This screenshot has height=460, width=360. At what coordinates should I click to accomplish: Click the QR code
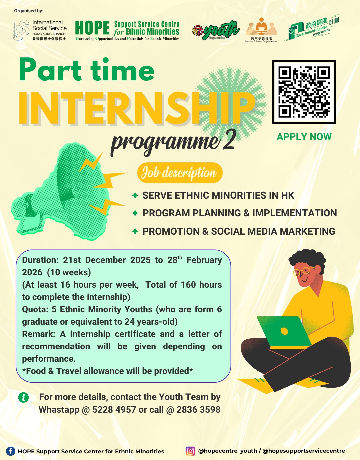(x=304, y=92)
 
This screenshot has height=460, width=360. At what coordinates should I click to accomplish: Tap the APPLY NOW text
(x=304, y=137)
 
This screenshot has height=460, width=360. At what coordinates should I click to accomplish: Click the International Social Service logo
(x=40, y=30)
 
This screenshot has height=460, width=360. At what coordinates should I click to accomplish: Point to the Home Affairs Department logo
(x=261, y=30)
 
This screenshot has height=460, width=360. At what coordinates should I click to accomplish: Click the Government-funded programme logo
(x=312, y=28)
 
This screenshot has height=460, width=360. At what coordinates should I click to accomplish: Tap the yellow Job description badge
(x=180, y=173)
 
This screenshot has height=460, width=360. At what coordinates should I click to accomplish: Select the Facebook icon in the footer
(x=11, y=451)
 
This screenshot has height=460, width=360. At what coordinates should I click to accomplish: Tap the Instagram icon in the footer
(x=190, y=451)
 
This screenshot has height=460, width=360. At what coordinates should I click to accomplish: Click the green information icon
(x=23, y=397)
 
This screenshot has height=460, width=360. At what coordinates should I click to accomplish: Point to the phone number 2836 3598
(x=198, y=410)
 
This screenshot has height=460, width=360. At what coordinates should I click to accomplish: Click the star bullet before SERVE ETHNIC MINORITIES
(x=135, y=195)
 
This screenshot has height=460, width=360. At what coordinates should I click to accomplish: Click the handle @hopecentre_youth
(x=228, y=451)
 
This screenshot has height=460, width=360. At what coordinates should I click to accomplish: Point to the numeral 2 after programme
(x=229, y=140)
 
